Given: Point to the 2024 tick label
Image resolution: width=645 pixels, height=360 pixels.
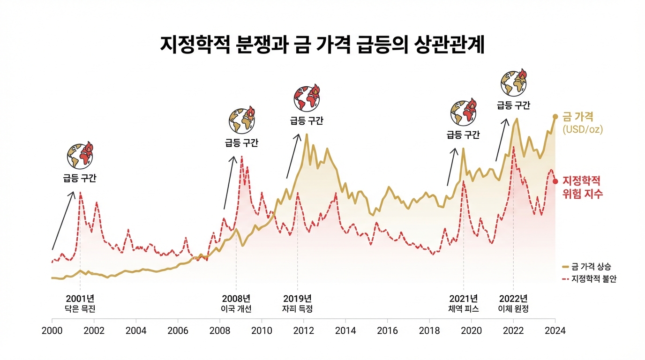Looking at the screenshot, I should [555, 330].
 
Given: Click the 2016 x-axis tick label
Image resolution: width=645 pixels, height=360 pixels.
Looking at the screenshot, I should [388, 330].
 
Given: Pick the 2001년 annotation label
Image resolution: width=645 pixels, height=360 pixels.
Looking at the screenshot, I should [80, 299].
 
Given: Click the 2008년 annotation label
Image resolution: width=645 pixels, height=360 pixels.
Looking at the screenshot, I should [236, 299].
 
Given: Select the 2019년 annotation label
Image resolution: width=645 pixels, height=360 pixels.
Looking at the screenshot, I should [297, 299].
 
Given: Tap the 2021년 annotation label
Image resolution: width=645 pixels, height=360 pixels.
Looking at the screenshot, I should [463, 299].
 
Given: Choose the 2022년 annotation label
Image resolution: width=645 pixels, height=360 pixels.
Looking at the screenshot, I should [513, 299].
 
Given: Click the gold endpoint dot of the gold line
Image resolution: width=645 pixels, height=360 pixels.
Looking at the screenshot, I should [555, 117].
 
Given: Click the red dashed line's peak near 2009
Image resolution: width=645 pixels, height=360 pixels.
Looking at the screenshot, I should [242, 157].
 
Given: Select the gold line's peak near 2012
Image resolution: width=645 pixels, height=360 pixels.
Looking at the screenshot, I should [307, 135].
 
